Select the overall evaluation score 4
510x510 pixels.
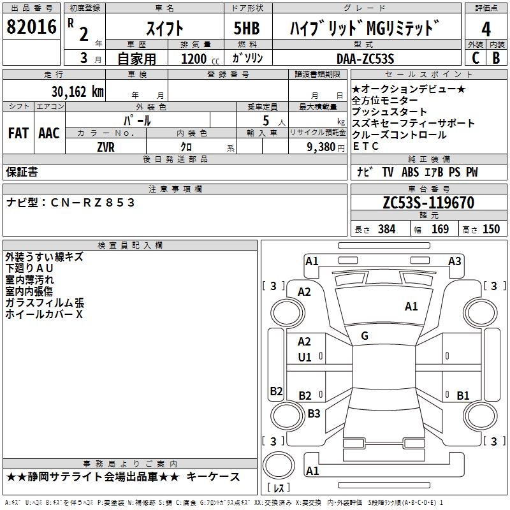pyautogui.click(x=486, y=29)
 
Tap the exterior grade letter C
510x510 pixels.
pyautogui.click(x=475, y=57)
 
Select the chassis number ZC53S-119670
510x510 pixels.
pyautogui.click(x=428, y=203)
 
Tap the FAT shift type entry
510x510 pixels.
pyautogui.click(x=18, y=133)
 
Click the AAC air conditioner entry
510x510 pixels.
pyautogui.click(x=49, y=133)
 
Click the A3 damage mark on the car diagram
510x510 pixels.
pyautogui.click(x=455, y=261)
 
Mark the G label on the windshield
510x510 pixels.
pyautogui.click(x=365, y=335)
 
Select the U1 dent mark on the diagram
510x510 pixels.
pyautogui.click(x=305, y=357)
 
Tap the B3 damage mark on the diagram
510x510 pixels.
pyautogui.click(x=314, y=413)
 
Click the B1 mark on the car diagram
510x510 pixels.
pyautogui.click(x=463, y=395)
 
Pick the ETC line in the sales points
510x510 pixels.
pyautogui.click(x=365, y=146)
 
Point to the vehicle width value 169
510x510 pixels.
pyautogui.click(x=440, y=229)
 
